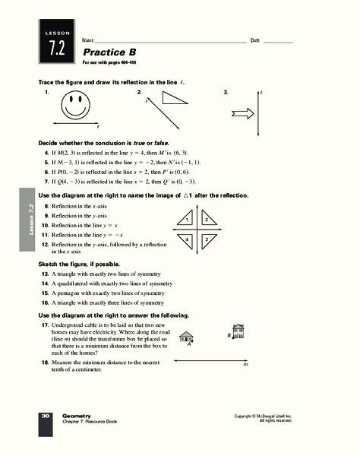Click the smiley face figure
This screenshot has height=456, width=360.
76,104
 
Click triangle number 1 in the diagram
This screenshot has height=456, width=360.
186,220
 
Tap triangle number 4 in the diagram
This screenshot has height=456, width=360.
186,239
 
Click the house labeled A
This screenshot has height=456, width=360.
185,337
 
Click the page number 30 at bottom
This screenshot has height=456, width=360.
46,416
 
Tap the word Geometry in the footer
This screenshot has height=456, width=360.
77,415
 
